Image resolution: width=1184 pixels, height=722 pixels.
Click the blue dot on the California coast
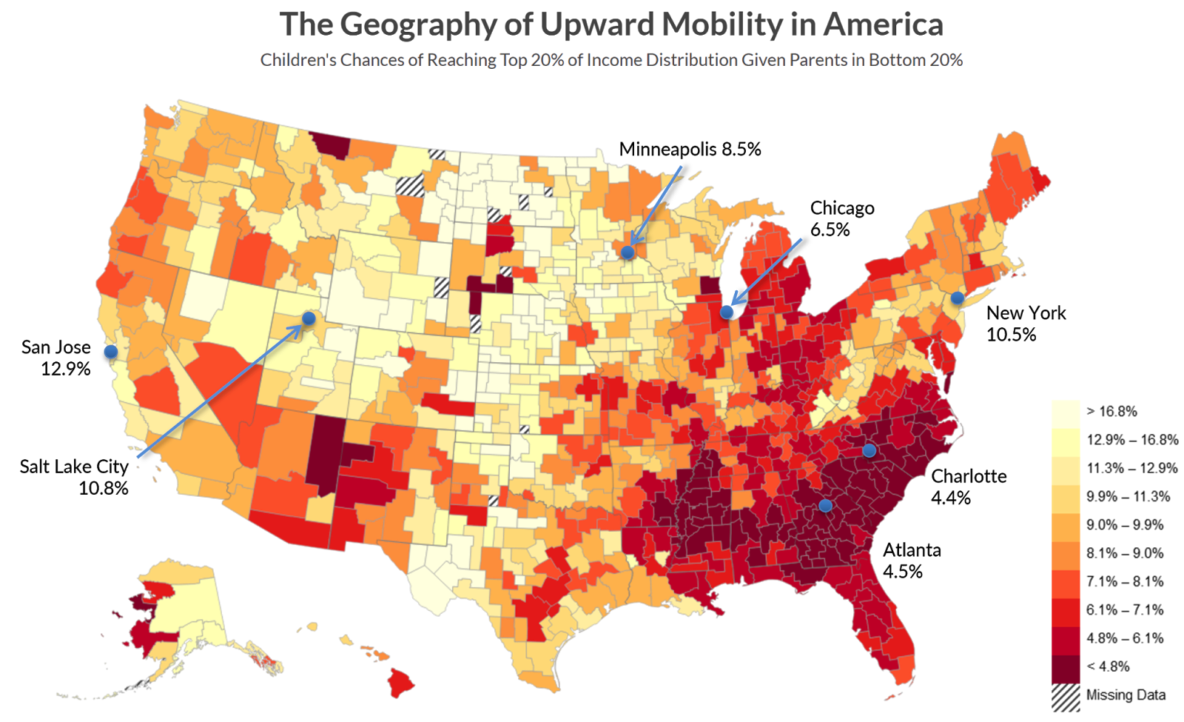point(111,351)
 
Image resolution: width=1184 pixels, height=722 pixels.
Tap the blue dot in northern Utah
point(309,318)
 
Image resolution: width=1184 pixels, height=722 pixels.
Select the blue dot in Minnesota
point(628,253)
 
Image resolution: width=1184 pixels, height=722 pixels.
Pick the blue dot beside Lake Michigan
point(727,312)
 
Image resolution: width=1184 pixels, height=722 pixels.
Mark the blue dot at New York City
point(958,298)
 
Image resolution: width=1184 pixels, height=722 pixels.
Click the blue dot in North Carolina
point(869,450)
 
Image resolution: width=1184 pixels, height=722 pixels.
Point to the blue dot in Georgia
point(826,506)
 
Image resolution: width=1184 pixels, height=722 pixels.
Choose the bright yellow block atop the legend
point(1066,427)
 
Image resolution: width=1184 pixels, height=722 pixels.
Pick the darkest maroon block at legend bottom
point(1066,669)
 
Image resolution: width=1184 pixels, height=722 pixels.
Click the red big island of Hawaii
point(401,682)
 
